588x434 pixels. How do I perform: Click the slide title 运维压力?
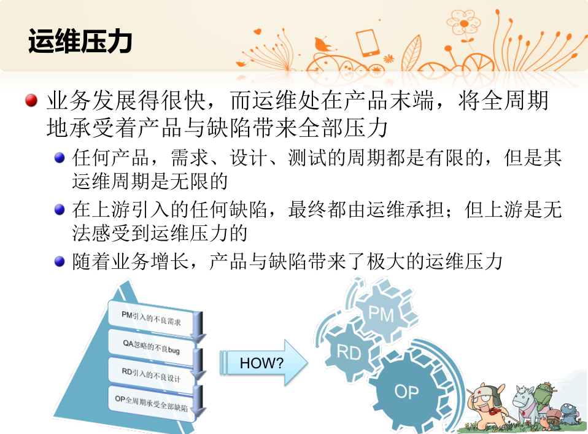pos(80,41)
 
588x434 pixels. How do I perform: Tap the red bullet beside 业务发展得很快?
pos(31,100)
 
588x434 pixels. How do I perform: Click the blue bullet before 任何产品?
pos(60,158)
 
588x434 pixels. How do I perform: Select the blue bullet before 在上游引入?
pos(60,209)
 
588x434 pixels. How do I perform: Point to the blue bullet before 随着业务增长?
pos(60,261)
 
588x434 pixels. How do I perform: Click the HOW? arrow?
pos(264,363)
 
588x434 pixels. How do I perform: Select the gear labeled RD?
pos(349,352)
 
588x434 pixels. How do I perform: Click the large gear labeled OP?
pos(407,392)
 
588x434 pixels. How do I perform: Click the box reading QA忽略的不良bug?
pos(151,347)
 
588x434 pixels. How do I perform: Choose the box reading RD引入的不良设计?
pos(151,375)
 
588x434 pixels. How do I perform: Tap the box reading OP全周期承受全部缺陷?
pos(151,403)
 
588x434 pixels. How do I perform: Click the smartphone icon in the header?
pos(368,43)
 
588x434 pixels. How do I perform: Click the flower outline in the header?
pos(463,23)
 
